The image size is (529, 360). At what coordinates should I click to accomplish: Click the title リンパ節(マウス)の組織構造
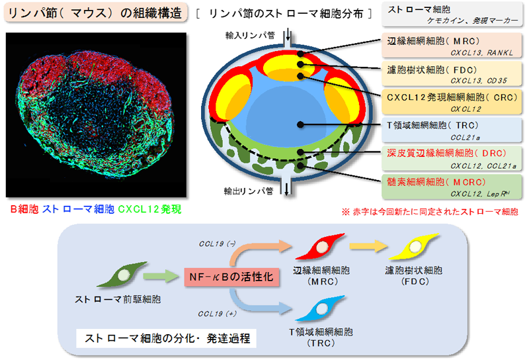point(95,14)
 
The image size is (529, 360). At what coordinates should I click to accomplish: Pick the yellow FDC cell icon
point(415,248)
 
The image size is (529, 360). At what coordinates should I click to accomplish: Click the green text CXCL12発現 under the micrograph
point(149,210)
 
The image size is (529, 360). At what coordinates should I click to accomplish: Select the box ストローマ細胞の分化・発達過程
point(162,338)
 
